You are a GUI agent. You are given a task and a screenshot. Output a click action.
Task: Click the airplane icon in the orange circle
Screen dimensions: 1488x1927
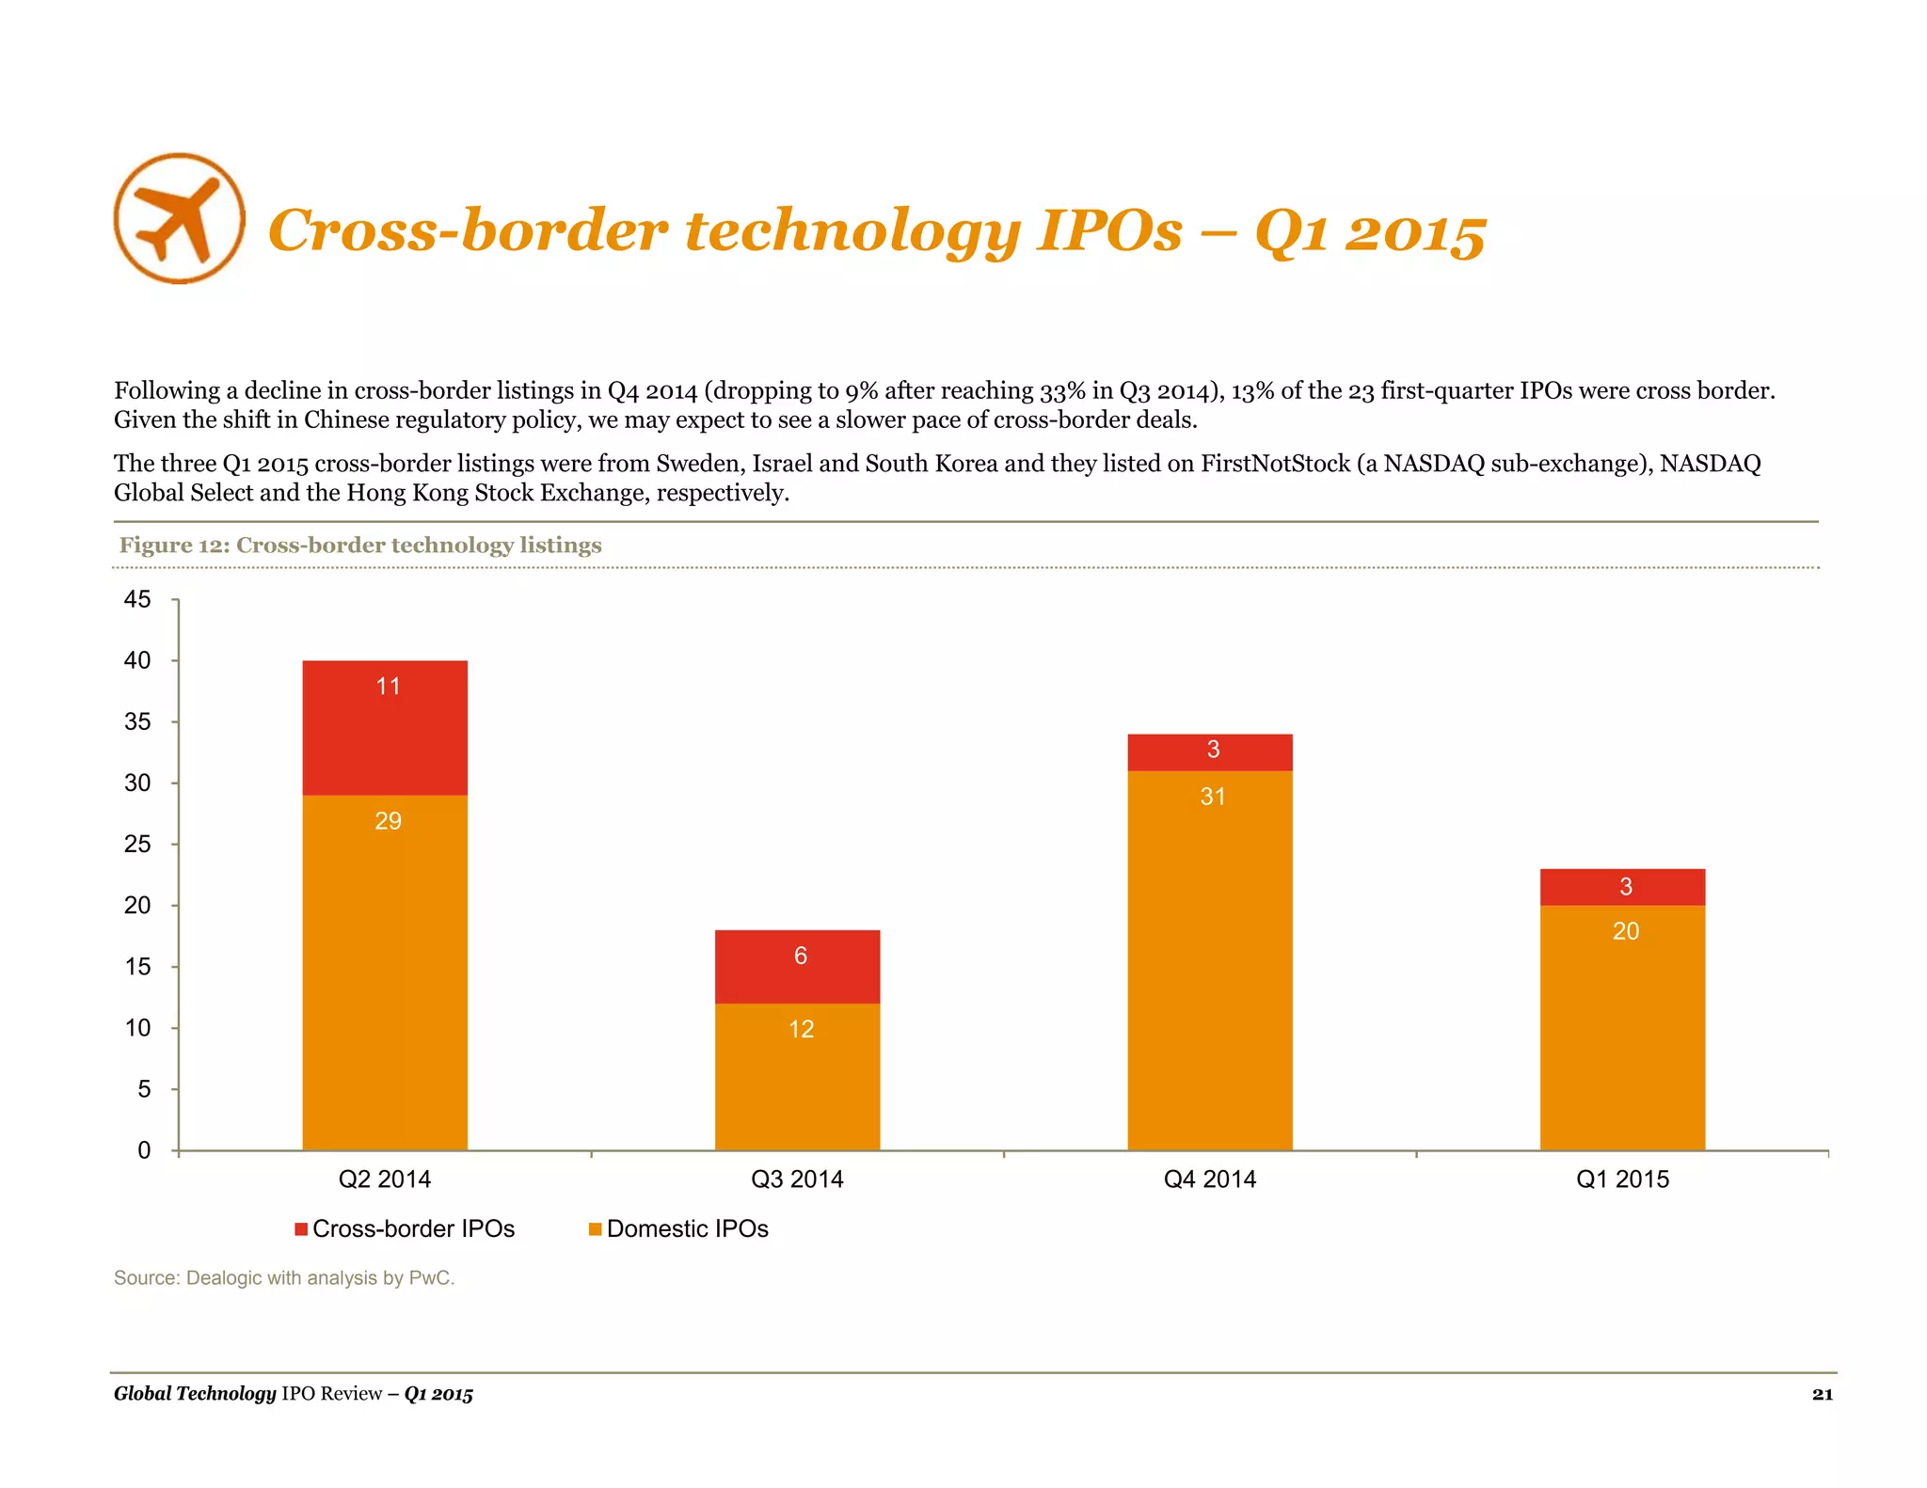[179, 218]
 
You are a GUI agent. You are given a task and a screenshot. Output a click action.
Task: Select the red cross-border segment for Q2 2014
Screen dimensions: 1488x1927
[385, 734]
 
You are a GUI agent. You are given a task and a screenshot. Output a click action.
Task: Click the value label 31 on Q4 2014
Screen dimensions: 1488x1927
[1212, 797]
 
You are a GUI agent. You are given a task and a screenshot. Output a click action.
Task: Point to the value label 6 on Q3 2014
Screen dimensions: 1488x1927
[800, 956]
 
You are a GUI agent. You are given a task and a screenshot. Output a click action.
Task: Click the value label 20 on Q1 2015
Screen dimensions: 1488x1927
[1625, 931]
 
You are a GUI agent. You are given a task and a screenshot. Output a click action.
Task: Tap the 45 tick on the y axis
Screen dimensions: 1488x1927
[137, 599]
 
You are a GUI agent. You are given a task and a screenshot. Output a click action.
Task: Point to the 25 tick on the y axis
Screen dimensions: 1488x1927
[137, 844]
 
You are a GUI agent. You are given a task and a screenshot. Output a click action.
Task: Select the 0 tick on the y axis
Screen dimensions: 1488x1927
[144, 1150]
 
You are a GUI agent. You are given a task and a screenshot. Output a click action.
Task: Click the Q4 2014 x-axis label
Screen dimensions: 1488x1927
[1209, 1179]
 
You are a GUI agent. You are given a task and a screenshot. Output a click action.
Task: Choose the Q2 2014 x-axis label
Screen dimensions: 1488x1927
[384, 1179]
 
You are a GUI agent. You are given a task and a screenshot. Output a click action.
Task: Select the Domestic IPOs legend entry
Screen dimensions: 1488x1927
[678, 1228]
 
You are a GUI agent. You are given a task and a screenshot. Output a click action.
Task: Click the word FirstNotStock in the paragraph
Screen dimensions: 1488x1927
[1275, 464]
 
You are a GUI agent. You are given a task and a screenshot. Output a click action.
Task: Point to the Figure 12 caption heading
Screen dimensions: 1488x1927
[359, 546]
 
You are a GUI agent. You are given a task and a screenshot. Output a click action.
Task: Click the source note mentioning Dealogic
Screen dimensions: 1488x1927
[283, 1277]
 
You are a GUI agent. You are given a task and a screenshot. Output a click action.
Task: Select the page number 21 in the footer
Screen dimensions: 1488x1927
[1822, 1394]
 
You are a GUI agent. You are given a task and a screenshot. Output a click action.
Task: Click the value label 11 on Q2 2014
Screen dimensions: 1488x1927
[388, 687]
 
